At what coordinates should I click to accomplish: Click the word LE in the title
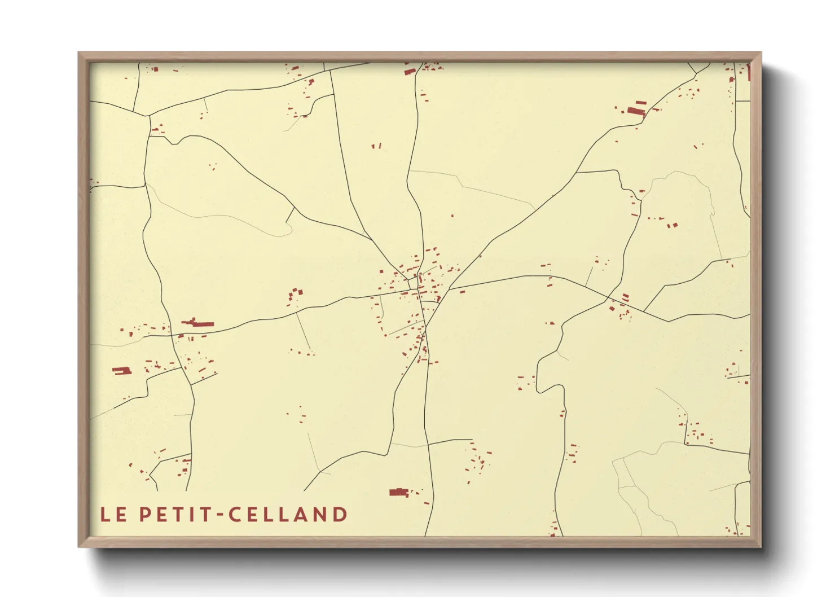point(113,515)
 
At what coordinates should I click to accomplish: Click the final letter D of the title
point(340,515)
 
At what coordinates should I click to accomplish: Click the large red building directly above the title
point(398,493)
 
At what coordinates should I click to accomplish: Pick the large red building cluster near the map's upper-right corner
point(636,109)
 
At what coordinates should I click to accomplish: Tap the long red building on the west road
point(198,323)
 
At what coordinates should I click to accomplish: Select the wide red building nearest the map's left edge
point(121,371)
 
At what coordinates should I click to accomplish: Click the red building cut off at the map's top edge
point(410,71)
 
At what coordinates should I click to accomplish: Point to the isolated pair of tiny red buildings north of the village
point(376,146)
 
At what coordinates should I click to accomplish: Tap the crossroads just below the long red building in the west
point(172,335)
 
